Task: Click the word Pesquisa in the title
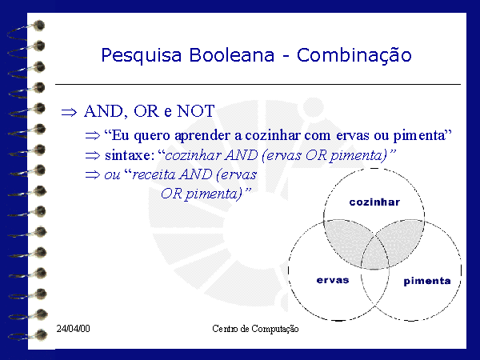141,56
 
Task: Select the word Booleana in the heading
231,55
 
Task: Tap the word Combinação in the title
354,56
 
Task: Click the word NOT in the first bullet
196,111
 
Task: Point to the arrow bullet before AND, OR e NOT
69,112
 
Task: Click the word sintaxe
128,155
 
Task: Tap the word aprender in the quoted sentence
202,136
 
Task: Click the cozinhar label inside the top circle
374,202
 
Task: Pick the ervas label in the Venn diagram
333,280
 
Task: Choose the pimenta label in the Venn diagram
427,281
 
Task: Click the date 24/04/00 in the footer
73,329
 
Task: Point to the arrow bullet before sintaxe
93,155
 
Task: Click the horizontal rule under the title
258,84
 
